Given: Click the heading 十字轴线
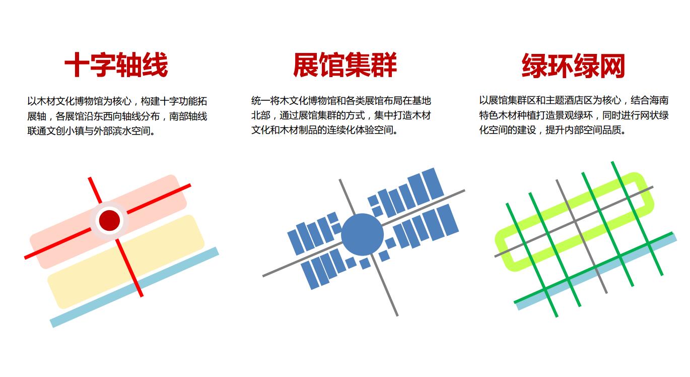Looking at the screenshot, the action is point(116,65).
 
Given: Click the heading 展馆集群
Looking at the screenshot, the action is point(344,65).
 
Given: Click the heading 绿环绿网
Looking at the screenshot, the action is point(573,66).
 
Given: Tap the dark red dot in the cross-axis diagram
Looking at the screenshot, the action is point(109,220).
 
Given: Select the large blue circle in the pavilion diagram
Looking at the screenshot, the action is point(362,234).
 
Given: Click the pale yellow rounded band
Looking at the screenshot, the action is point(126,262).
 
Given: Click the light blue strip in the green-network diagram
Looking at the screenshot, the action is point(596,272).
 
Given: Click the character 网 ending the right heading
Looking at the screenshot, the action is point(612,66).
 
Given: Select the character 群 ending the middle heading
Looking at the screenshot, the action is point(384,65).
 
